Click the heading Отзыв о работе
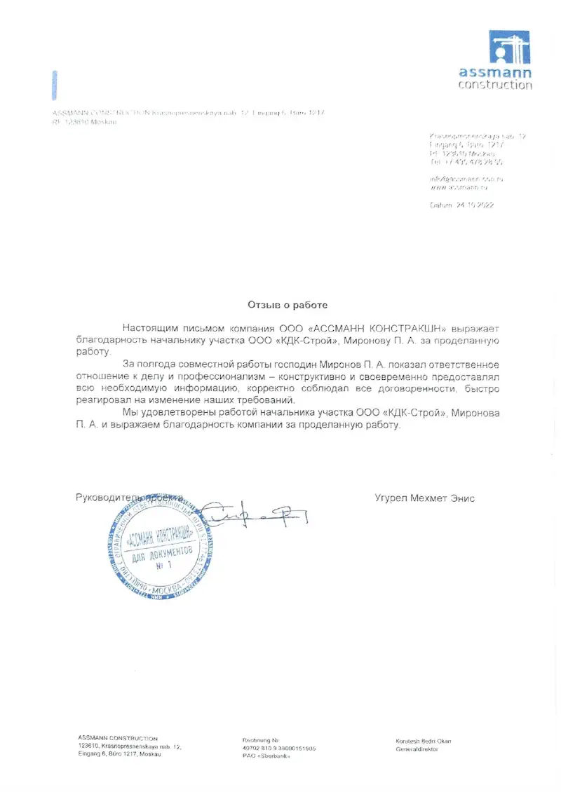(287, 305)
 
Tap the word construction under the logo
(495, 85)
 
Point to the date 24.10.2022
(475, 206)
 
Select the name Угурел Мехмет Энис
(425, 498)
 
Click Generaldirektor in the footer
(417, 749)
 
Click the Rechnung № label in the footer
(261, 740)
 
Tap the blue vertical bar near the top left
(55, 85)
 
